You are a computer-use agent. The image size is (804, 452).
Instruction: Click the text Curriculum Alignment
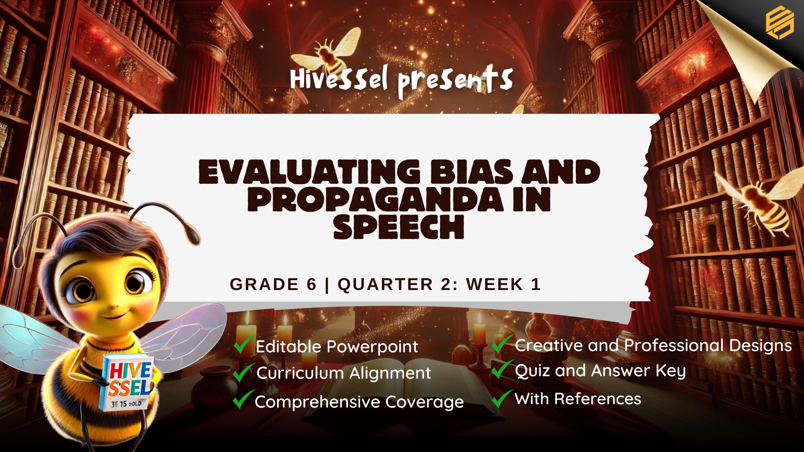pos(343,373)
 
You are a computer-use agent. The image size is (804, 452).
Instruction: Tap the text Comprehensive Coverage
pos(359,402)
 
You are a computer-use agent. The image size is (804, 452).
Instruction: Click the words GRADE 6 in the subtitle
pos(273,285)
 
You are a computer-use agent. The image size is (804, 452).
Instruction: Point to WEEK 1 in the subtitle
pos(504,285)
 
